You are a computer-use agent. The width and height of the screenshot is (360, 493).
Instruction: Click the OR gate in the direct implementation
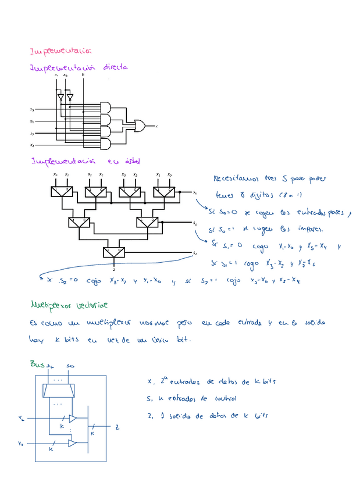coord(140,124)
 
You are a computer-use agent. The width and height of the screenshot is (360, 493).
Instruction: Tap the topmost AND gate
coord(106,108)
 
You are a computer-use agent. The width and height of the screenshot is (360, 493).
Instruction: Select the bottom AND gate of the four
coord(106,144)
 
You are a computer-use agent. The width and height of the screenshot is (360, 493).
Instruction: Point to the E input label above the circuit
coord(83,75)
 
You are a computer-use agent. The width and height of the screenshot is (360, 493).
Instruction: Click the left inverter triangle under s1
coord(59,97)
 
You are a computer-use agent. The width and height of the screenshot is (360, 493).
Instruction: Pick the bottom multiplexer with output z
coord(113,252)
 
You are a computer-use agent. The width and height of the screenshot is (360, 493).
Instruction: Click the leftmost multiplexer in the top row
coord(61,191)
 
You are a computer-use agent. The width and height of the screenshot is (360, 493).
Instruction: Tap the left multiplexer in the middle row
coord(78,222)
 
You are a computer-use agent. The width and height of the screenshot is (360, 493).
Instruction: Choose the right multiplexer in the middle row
coord(146,222)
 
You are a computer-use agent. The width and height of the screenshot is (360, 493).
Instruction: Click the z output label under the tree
coord(113,269)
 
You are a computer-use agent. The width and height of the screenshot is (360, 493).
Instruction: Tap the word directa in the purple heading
coord(115,67)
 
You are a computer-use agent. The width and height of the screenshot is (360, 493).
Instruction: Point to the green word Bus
coord(37,364)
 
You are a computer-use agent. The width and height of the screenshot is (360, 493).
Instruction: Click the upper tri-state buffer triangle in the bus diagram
coord(73,418)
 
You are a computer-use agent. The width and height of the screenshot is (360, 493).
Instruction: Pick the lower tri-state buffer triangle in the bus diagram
coord(73,443)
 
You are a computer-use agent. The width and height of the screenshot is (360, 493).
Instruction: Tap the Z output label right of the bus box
coord(117,428)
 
